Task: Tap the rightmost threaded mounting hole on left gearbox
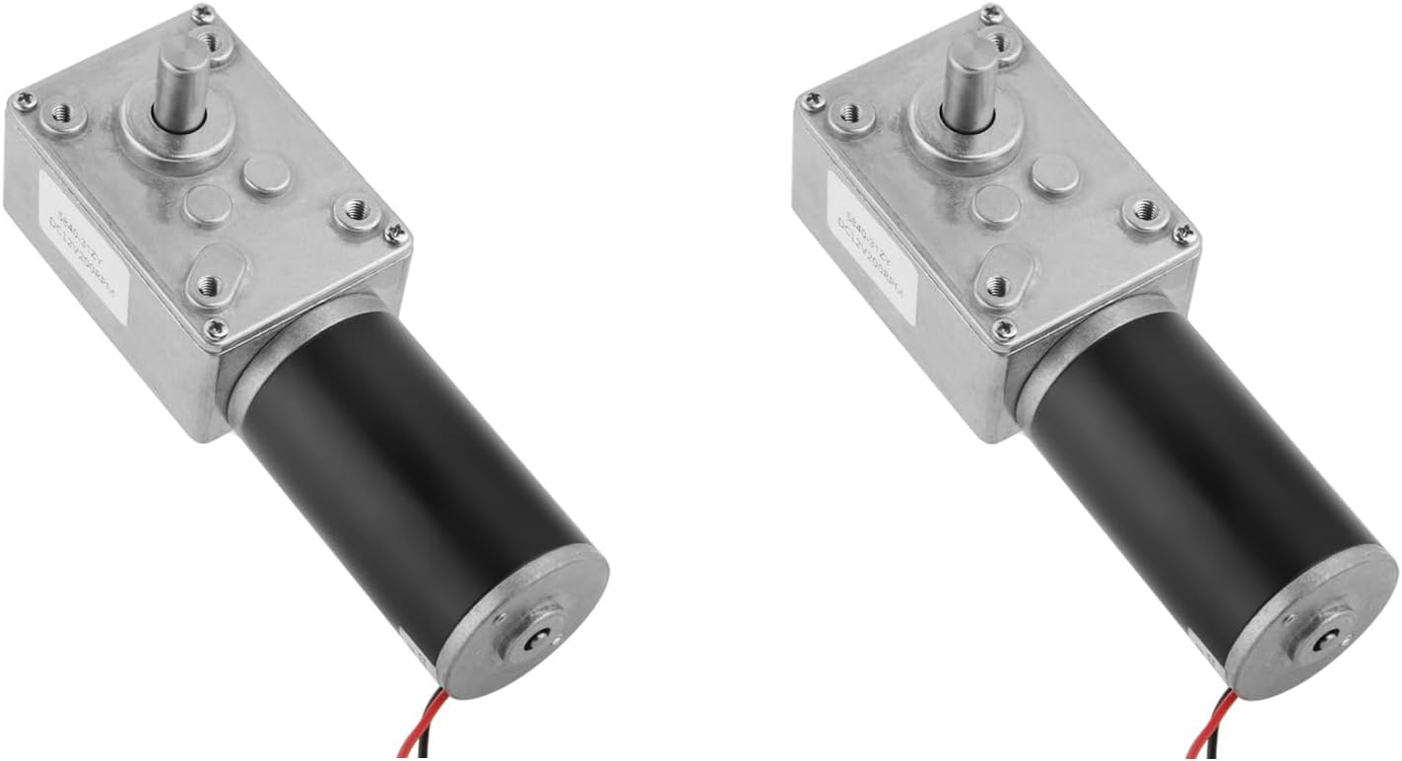click(356, 210)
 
